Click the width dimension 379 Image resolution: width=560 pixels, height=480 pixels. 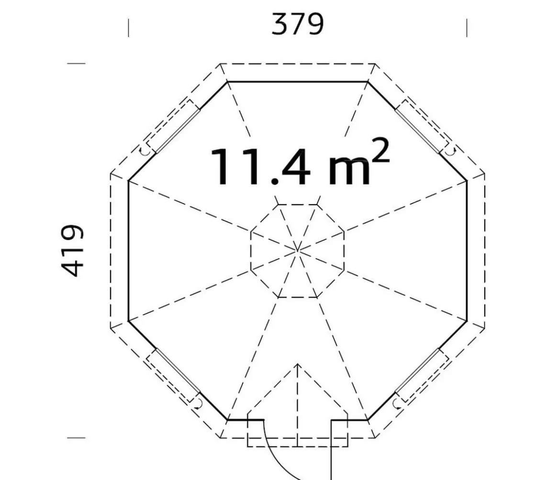click(x=298, y=24)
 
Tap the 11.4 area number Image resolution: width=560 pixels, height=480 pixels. click(x=260, y=166)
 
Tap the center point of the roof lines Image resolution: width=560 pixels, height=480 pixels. click(x=298, y=251)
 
